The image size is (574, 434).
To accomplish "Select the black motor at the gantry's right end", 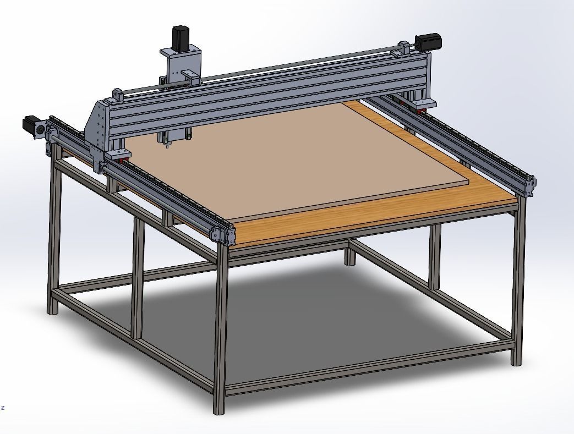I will (x=427, y=42).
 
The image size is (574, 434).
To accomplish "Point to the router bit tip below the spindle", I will (x=167, y=146).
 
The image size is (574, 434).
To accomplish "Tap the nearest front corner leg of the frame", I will (x=221, y=330).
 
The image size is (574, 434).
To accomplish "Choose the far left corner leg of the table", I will (x=53, y=237).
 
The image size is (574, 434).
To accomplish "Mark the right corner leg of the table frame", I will (x=516, y=286).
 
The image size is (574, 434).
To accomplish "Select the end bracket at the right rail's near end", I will (x=529, y=185).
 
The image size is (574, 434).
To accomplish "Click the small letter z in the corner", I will (x=3, y=408).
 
